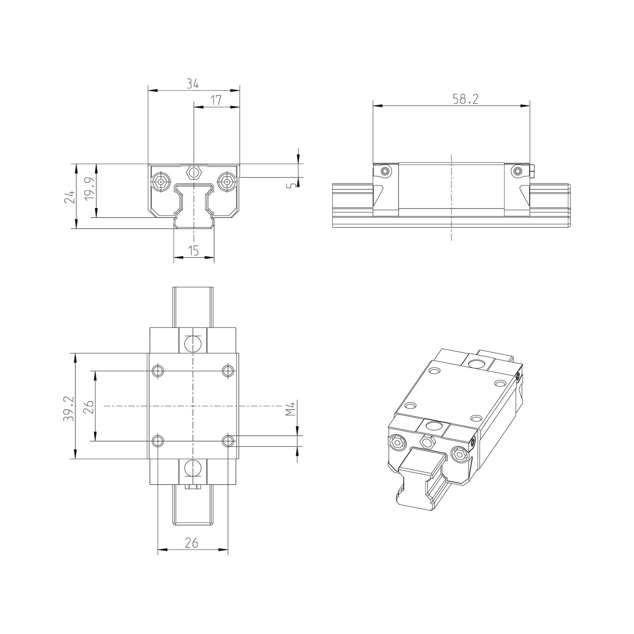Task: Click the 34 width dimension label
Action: click(x=193, y=84)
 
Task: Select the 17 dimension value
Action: click(x=216, y=100)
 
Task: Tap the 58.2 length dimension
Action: click(x=465, y=99)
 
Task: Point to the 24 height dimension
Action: click(x=69, y=197)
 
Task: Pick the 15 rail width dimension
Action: click(x=194, y=251)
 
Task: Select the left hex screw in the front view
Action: click(x=160, y=181)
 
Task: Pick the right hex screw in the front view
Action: click(x=227, y=181)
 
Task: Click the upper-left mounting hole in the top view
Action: click(x=158, y=371)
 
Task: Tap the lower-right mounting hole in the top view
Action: click(x=228, y=441)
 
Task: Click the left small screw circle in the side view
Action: click(x=385, y=171)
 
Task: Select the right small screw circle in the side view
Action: click(x=518, y=171)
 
